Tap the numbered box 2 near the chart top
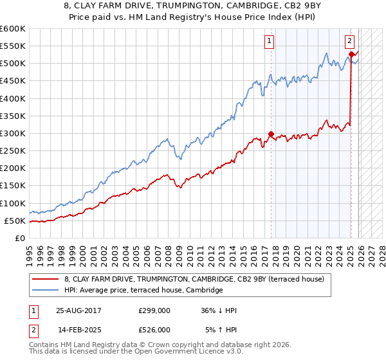point(349,41)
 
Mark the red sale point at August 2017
point(271,134)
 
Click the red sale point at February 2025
point(351,55)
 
